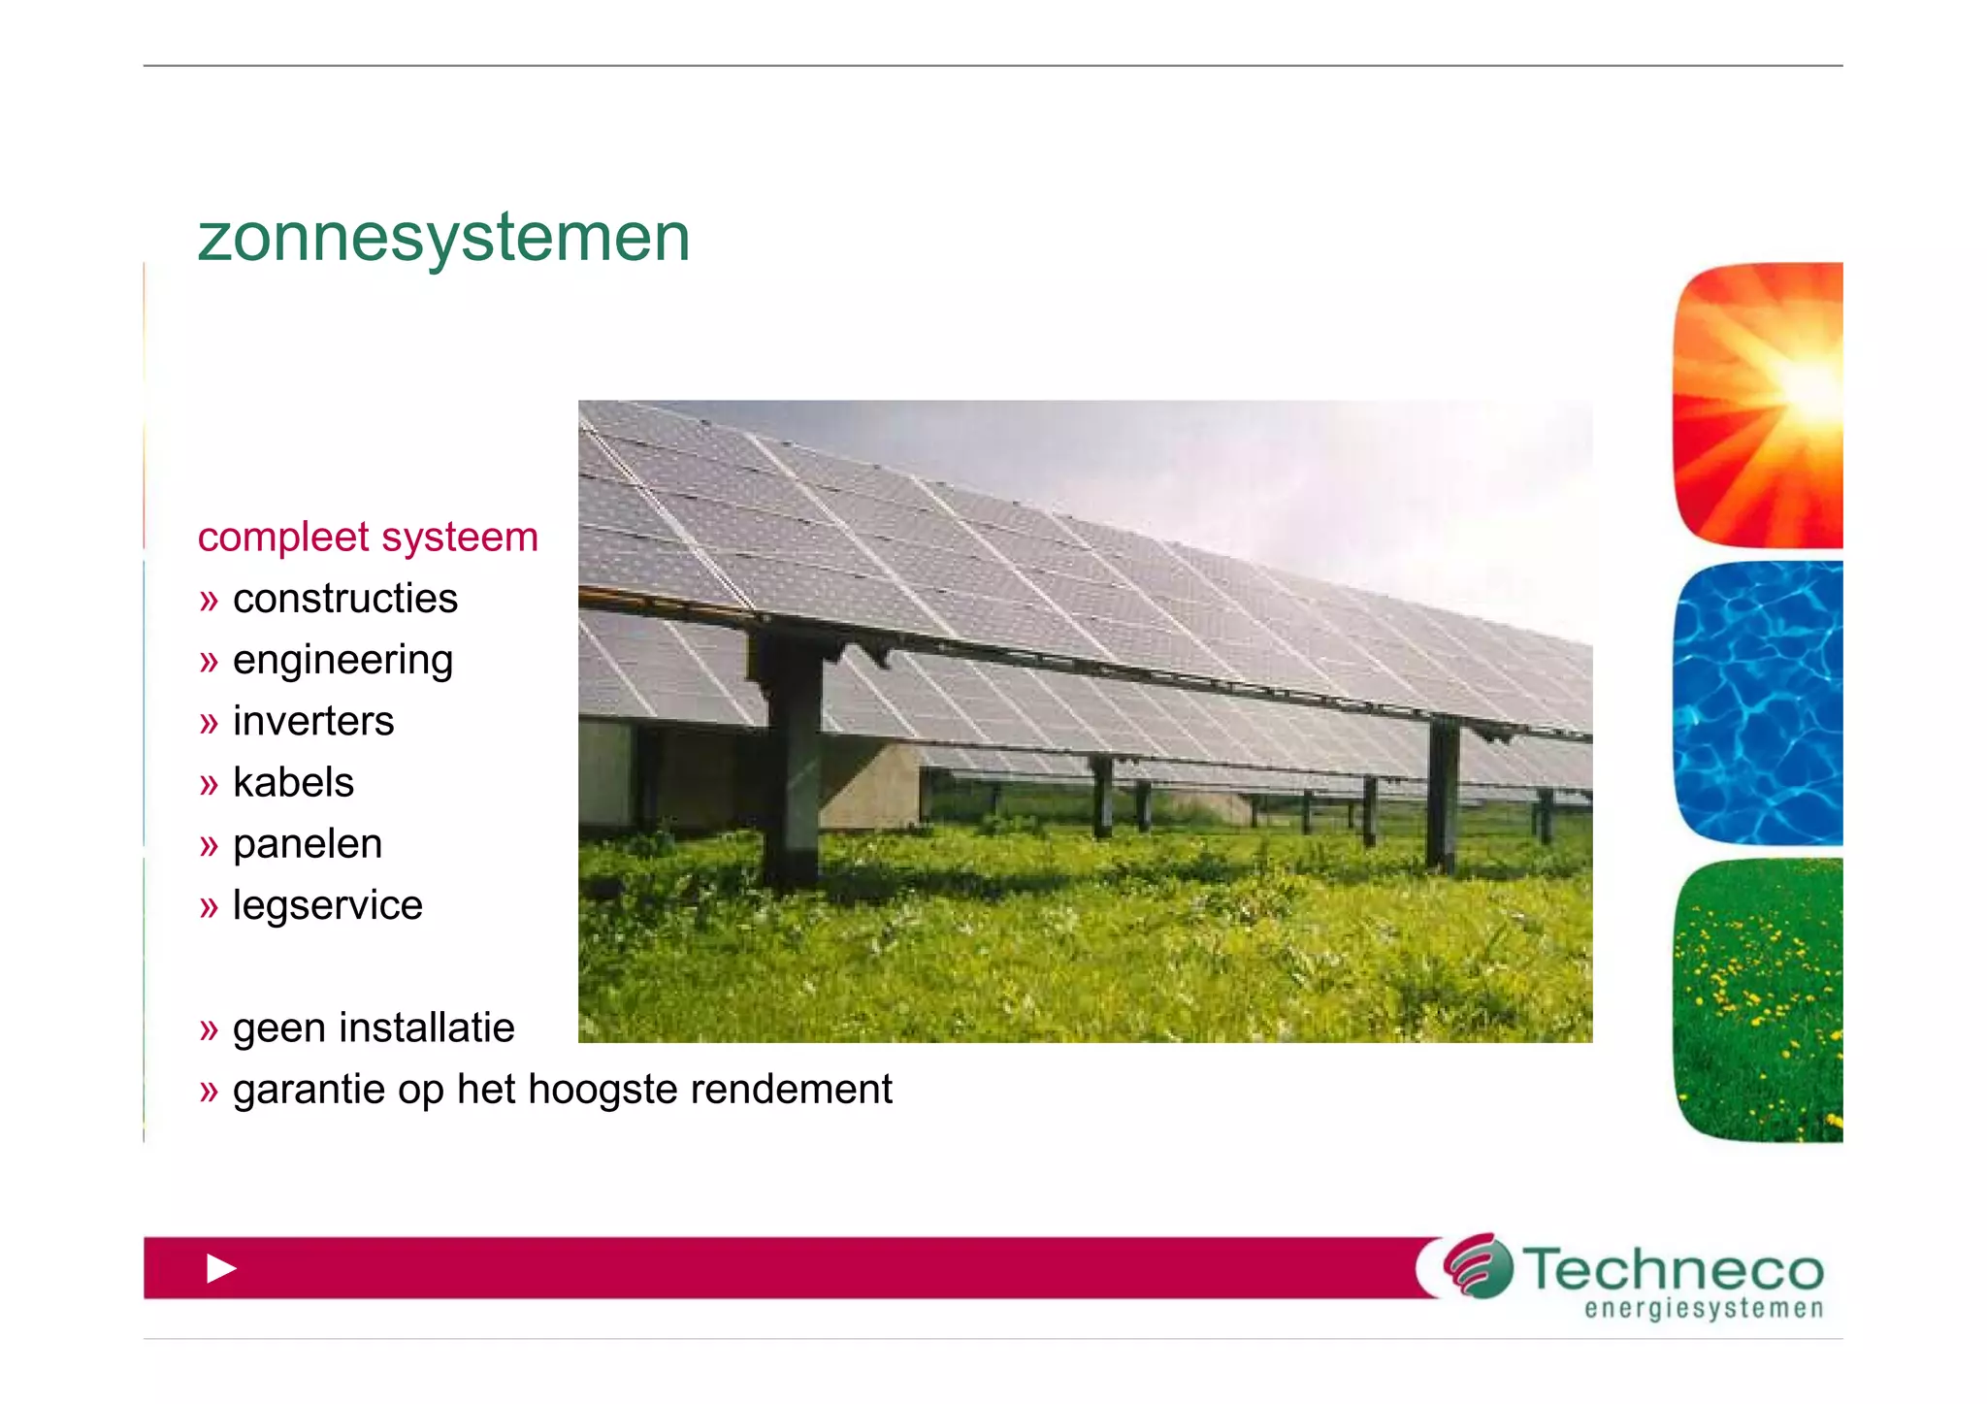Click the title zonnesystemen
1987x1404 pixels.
(443, 238)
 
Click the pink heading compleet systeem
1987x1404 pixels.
(368, 538)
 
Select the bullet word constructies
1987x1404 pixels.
(344, 599)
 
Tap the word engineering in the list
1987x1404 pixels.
(342, 661)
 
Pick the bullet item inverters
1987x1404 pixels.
(313, 722)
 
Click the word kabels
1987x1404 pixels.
(293, 783)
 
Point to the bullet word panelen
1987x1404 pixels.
(308, 844)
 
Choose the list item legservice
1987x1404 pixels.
(327, 906)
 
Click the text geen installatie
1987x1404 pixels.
(374, 1029)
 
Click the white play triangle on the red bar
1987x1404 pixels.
(221, 1268)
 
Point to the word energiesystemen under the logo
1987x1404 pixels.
(1704, 1309)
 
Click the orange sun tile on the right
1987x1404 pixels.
(1758, 405)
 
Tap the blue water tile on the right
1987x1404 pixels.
(1758, 702)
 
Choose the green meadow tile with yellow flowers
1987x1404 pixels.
(1758, 999)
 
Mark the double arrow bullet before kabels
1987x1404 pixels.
(209, 785)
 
